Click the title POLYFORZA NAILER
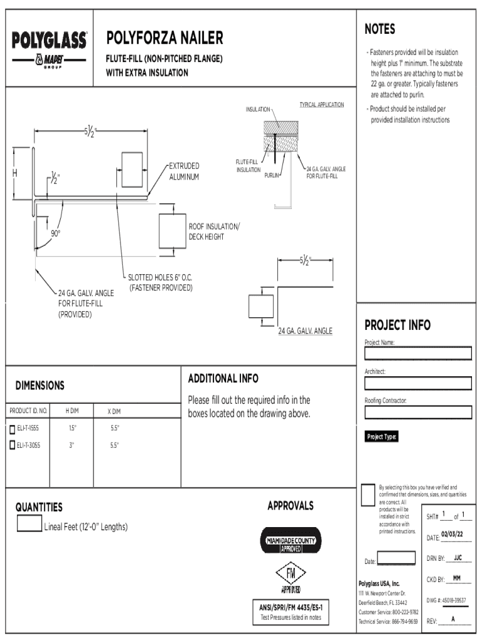tap(165, 39)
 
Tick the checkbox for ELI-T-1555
tap(12, 429)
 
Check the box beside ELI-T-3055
tap(12, 446)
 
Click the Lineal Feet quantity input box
tap(29, 524)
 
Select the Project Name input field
tap(418, 354)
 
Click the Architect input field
tap(418, 383)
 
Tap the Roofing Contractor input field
tap(418, 412)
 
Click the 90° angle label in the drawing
tap(56, 234)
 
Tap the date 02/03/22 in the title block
tap(452, 534)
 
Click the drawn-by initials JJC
tap(458, 556)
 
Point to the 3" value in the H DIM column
tap(71, 446)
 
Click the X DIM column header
tap(113, 411)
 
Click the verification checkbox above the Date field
tap(369, 494)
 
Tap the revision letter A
tap(453, 620)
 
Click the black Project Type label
tap(382, 437)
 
